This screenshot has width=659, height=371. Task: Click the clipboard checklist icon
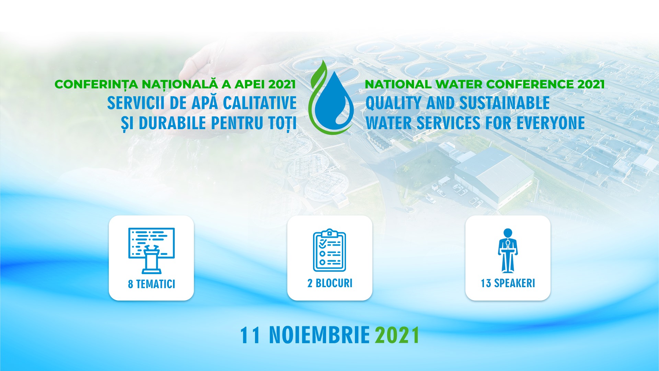pyautogui.click(x=329, y=250)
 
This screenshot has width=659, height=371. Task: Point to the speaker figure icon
pyautogui.click(x=508, y=251)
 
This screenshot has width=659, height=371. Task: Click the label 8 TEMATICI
pyautogui.click(x=151, y=284)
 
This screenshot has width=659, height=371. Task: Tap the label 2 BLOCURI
pyautogui.click(x=330, y=283)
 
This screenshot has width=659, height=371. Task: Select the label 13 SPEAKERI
pyautogui.click(x=508, y=283)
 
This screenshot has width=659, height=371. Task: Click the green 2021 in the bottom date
pyautogui.click(x=397, y=335)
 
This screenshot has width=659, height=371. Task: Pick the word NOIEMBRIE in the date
pyautogui.click(x=320, y=335)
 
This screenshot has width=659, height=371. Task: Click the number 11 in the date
pyautogui.click(x=250, y=335)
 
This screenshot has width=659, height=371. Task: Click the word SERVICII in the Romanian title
pyautogui.click(x=136, y=103)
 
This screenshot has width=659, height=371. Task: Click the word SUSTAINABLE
pyautogui.click(x=505, y=103)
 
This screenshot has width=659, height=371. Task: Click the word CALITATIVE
pyautogui.click(x=260, y=103)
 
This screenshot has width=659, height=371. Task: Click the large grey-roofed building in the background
pyautogui.click(x=494, y=179)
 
